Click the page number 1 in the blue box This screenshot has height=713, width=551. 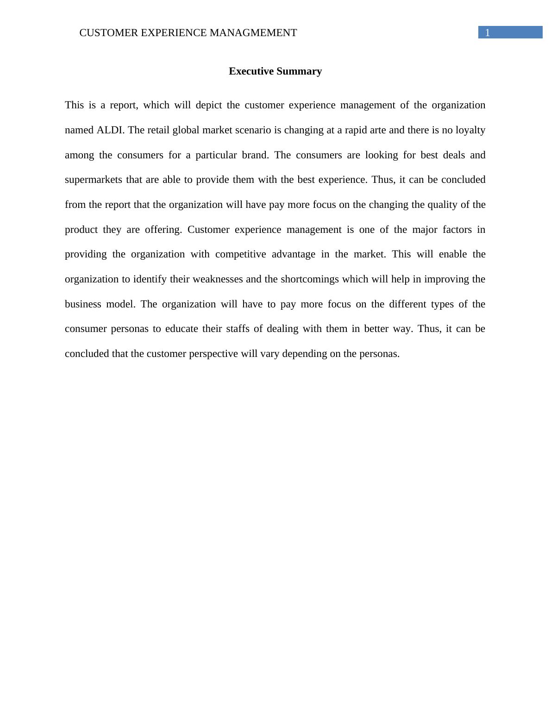point(487,33)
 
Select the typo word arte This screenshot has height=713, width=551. point(377,130)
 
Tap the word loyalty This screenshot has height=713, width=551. point(470,130)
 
